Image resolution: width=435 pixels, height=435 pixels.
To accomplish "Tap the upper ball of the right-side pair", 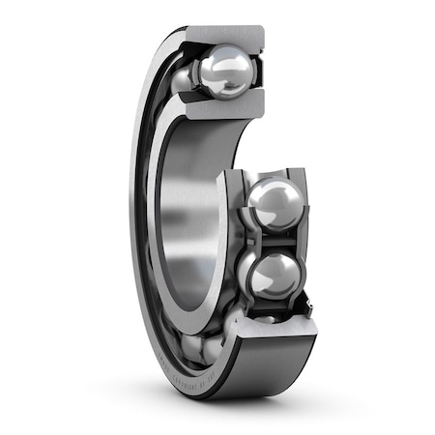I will [273, 203].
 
